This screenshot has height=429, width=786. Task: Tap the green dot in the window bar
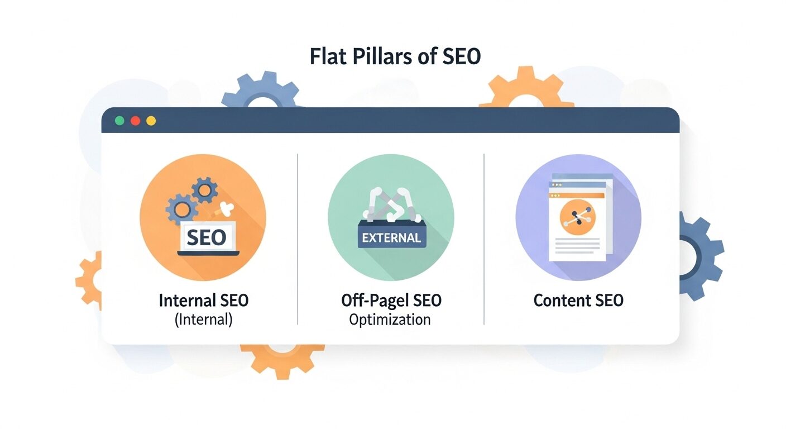click(x=119, y=121)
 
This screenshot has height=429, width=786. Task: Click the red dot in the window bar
click(x=135, y=121)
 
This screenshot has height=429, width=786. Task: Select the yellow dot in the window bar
click(x=151, y=121)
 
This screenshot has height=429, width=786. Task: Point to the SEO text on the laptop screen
click(x=207, y=238)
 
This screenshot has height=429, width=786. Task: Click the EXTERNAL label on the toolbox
click(x=391, y=237)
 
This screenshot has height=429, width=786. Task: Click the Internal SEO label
click(x=204, y=301)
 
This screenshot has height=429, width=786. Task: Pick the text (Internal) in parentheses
click(x=204, y=320)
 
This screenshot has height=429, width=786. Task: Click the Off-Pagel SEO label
click(x=391, y=301)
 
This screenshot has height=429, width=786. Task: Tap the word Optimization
click(x=390, y=320)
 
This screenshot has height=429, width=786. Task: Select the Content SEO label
click(x=578, y=301)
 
